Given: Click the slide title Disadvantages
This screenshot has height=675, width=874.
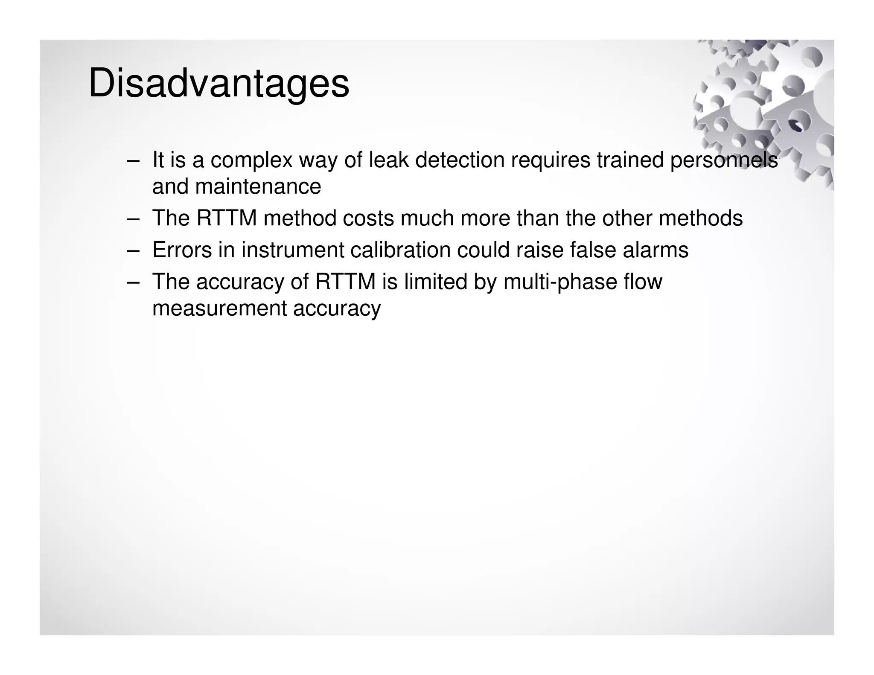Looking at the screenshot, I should point(218,84).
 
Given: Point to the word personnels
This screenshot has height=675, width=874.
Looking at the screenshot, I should point(723,160).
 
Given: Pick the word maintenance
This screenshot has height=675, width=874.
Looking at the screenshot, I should point(258,186).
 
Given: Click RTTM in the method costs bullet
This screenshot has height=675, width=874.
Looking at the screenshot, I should point(226,218).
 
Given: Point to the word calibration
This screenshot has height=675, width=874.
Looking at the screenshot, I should point(400,250).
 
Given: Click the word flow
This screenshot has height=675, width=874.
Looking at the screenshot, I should point(643,282).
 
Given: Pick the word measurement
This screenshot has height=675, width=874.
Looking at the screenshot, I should point(219,308).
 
